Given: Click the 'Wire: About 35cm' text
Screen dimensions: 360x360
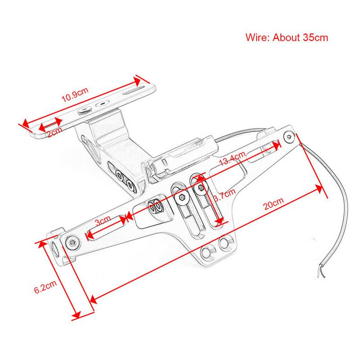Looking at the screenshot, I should (x=287, y=37).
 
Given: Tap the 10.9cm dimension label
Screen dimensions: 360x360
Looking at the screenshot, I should (x=75, y=95).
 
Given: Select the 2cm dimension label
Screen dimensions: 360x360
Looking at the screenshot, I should (x=54, y=132).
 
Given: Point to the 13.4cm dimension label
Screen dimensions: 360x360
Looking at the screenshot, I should (x=233, y=159).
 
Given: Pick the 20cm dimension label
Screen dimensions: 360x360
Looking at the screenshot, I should (x=274, y=205).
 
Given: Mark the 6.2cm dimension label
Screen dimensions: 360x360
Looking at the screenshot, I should (x=45, y=287).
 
